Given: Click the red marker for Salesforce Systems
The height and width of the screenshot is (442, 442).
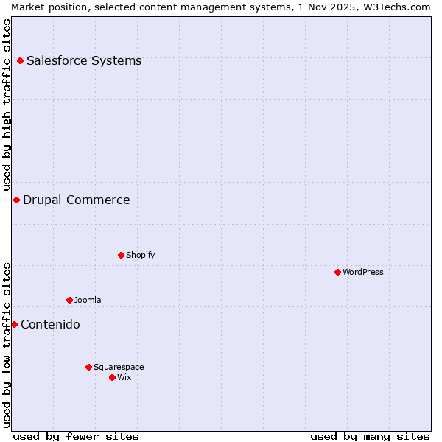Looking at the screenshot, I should (x=20, y=60).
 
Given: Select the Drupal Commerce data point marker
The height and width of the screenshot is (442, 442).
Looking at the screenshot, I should (x=16, y=200).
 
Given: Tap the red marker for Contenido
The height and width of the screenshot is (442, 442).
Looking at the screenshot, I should (x=14, y=324).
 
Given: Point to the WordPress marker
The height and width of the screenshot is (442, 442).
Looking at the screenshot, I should (x=337, y=272).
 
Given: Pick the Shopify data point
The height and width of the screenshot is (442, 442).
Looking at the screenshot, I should (x=121, y=255).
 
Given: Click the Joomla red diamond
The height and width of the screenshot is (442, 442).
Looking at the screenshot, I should (x=69, y=300).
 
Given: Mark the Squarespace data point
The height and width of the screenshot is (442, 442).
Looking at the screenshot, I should (x=88, y=367).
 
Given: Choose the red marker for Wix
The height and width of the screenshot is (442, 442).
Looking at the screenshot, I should (x=112, y=377).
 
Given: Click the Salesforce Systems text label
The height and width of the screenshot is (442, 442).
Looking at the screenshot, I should (x=84, y=60).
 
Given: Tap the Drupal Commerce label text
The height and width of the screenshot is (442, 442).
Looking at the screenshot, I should (x=77, y=200).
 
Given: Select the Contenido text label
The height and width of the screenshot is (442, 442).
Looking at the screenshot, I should (x=50, y=324).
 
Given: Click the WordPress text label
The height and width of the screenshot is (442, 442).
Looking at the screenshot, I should (x=363, y=272).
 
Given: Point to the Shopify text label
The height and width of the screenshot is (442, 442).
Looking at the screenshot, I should (x=141, y=255).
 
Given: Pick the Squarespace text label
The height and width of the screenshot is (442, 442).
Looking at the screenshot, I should (x=119, y=367).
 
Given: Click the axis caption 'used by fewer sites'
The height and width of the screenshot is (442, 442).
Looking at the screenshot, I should (x=76, y=436).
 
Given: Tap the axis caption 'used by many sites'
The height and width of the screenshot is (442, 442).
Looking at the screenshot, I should (x=370, y=436).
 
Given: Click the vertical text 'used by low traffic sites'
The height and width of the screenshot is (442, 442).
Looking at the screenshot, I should (x=7, y=345).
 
